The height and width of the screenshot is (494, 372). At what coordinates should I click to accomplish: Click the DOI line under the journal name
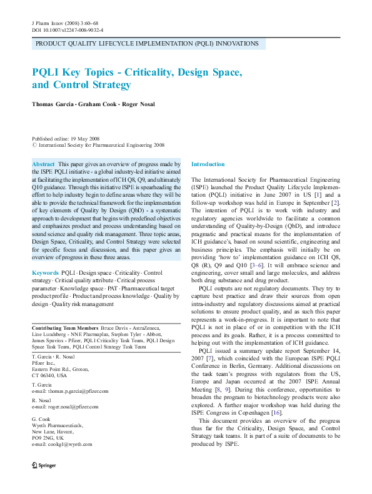tap(68, 29)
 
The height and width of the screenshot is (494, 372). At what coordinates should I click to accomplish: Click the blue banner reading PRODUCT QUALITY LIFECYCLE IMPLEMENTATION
tap(147, 44)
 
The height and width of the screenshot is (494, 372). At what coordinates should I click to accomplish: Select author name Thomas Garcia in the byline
tap(54, 104)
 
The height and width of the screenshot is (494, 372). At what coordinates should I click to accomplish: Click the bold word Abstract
tap(43, 164)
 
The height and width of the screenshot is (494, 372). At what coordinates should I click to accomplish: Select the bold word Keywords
tap(45, 273)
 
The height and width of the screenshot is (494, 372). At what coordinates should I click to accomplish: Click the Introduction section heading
tap(208, 164)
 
